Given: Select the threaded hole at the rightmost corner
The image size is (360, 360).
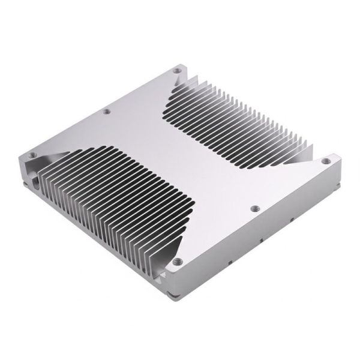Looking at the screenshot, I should click(326, 160).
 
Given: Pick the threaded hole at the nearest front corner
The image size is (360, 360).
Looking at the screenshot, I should click(178, 262).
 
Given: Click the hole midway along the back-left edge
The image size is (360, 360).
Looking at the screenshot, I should click(107, 112).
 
